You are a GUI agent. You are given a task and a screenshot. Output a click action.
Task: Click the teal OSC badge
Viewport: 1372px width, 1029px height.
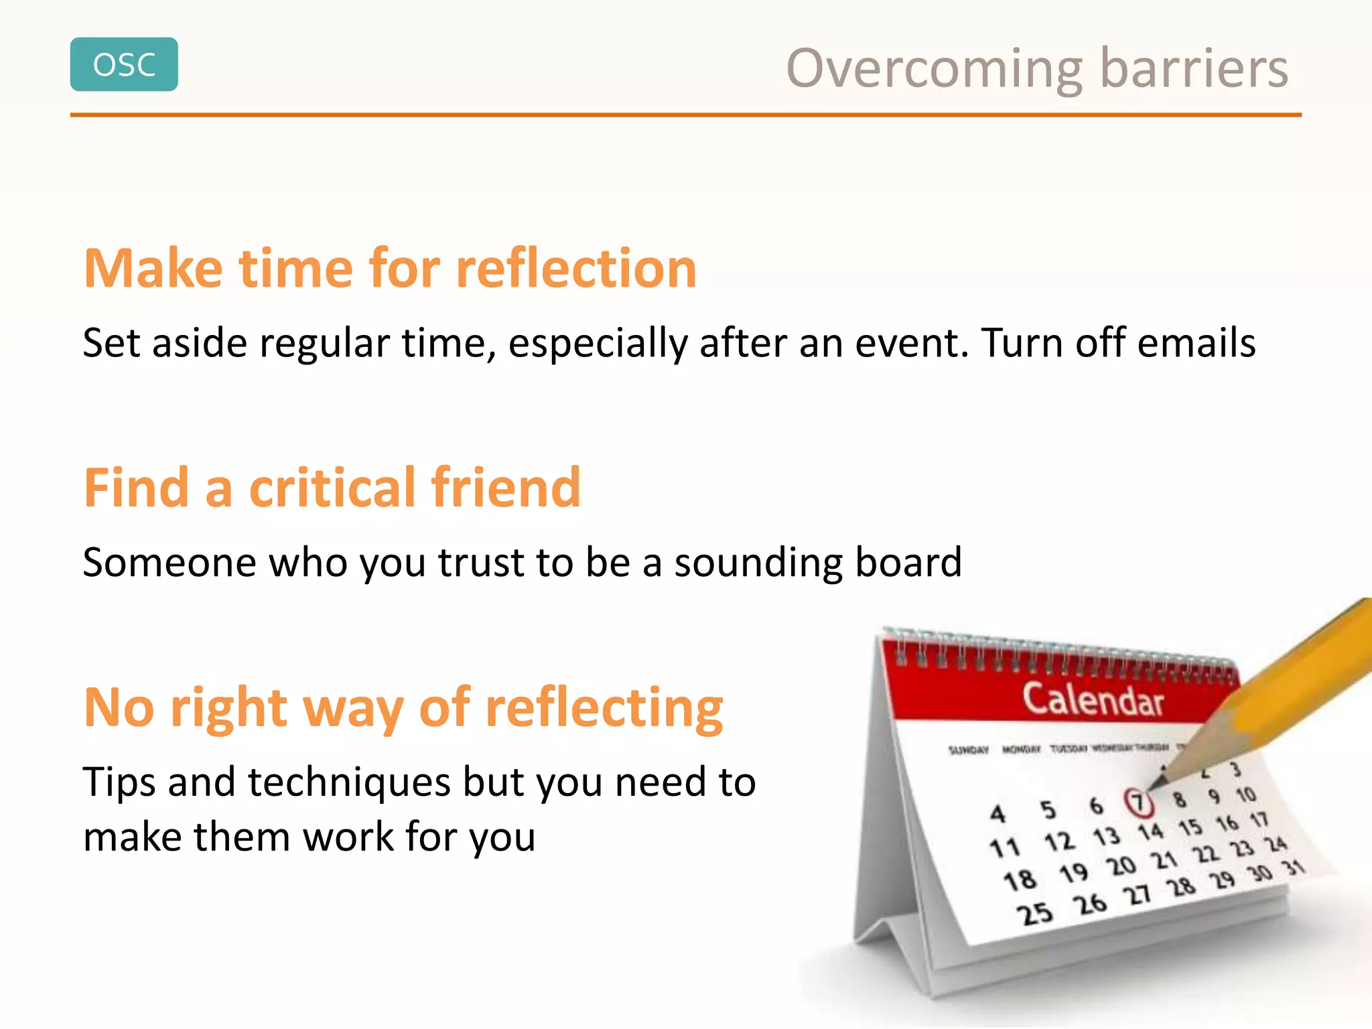click(x=124, y=64)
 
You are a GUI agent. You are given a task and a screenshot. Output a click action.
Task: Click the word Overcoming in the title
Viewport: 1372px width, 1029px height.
click(x=934, y=69)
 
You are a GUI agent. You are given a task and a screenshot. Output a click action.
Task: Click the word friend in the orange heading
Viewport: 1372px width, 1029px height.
click(x=506, y=488)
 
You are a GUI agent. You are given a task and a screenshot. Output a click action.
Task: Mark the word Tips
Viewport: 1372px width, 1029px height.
click(x=120, y=782)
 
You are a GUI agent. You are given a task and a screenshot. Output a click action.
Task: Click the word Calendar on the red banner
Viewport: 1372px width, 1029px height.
click(x=1093, y=701)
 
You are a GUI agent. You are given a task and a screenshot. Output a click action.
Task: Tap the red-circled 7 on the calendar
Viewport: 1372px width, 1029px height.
click(x=1137, y=802)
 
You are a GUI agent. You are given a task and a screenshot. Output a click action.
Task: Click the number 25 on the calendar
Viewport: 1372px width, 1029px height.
click(x=1035, y=914)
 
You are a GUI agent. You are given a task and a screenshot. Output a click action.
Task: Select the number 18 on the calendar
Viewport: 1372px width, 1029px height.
click(x=1020, y=880)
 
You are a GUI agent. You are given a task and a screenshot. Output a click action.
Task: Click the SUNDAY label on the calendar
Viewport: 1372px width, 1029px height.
click(x=968, y=750)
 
